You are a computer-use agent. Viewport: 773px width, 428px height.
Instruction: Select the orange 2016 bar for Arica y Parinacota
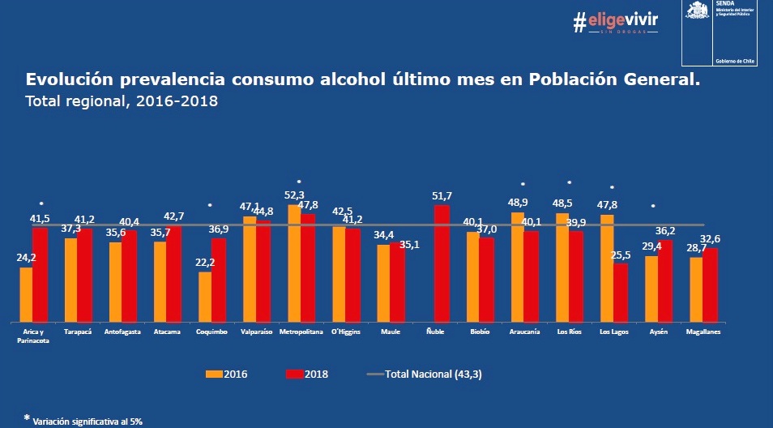(26, 294)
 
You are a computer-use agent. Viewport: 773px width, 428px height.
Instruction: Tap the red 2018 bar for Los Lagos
(621, 292)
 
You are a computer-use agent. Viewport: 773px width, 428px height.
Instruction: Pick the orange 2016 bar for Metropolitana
(294, 263)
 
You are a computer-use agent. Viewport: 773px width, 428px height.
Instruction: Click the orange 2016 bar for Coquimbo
(205, 297)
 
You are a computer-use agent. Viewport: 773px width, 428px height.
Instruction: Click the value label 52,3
(295, 195)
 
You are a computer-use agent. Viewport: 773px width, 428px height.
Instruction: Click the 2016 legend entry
(227, 374)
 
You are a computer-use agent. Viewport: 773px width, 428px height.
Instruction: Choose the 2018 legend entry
(306, 374)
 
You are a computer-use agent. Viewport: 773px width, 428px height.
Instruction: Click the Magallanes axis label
(703, 332)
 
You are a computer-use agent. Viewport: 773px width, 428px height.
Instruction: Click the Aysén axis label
(658, 332)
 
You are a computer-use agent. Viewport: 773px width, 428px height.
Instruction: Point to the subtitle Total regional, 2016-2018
(122, 102)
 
